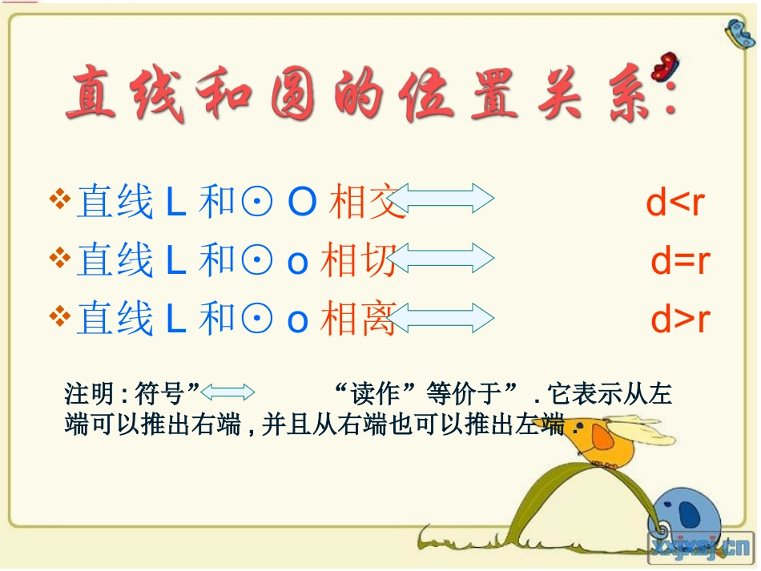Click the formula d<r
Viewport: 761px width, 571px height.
(675, 203)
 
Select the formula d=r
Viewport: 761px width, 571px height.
(680, 261)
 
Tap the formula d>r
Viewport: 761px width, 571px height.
(680, 320)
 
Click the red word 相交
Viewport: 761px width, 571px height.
(362, 203)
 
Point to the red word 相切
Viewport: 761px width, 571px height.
(357, 261)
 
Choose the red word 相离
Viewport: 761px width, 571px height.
(357, 320)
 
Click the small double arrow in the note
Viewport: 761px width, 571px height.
(227, 392)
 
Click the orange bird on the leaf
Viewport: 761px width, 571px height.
(609, 440)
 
